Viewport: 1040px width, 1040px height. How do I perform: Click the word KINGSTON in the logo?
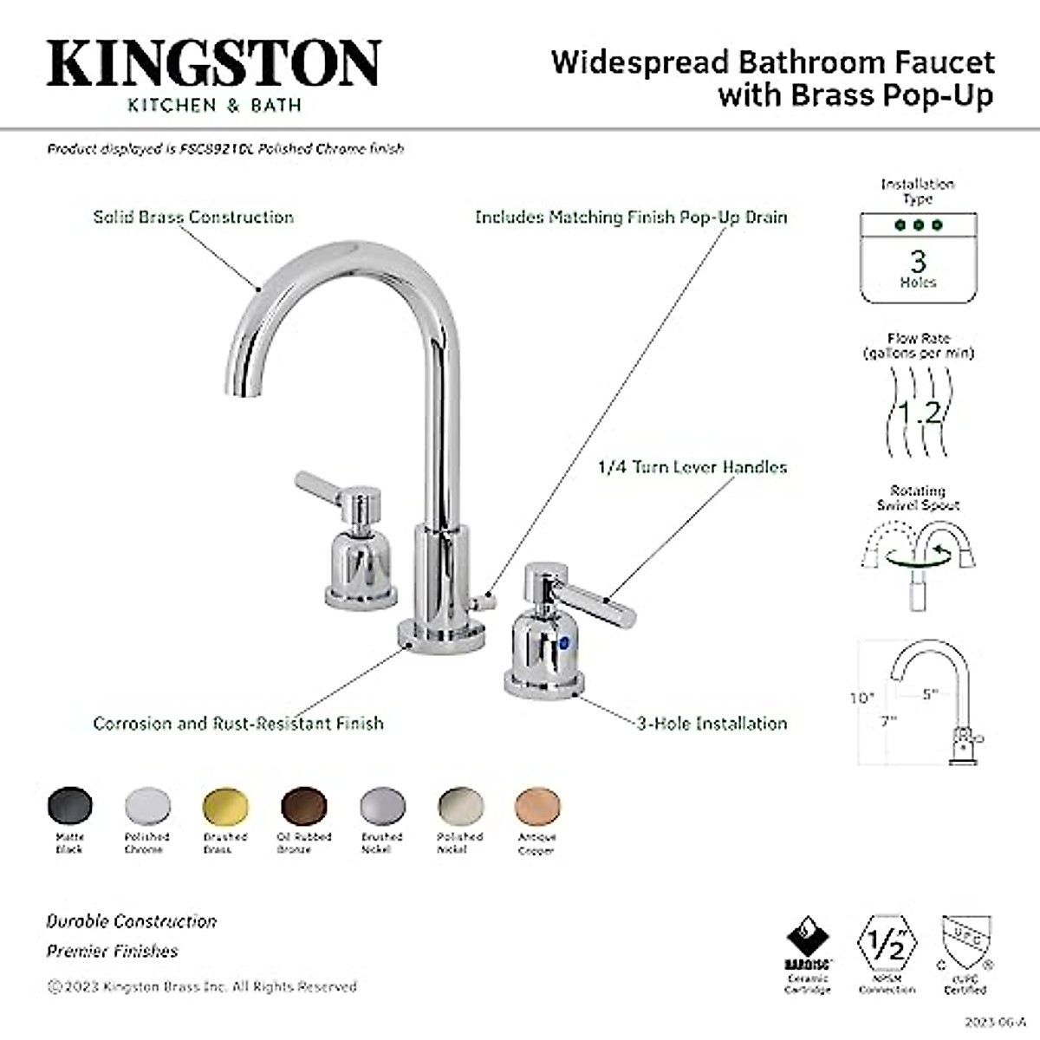pyautogui.click(x=213, y=62)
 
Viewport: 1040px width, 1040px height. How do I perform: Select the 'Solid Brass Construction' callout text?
pyautogui.click(x=193, y=217)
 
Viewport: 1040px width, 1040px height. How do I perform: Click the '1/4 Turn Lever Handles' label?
pyautogui.click(x=692, y=467)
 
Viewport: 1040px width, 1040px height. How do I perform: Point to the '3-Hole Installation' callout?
pyautogui.click(x=712, y=723)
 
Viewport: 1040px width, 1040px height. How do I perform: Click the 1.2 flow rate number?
pyautogui.click(x=918, y=412)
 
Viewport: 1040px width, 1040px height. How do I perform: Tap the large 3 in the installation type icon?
pyautogui.click(x=918, y=259)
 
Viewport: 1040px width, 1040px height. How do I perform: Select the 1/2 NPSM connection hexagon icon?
pyautogui.click(x=887, y=946)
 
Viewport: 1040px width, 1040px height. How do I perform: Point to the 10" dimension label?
pyautogui.click(x=861, y=697)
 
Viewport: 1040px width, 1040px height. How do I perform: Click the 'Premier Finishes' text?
pyautogui.click(x=112, y=951)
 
